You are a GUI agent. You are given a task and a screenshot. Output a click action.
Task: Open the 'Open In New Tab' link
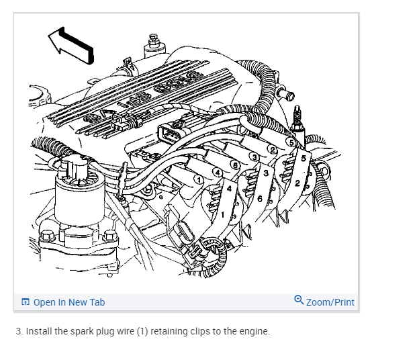[x=68, y=302]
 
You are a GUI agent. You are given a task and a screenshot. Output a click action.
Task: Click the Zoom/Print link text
[x=330, y=302]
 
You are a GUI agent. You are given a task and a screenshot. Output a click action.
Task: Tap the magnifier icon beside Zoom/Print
[x=299, y=301]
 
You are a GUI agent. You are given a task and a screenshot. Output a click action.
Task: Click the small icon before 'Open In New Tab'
[x=26, y=302]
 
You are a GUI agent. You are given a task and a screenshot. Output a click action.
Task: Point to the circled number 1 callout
[x=199, y=179]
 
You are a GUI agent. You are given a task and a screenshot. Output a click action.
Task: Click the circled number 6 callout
[x=235, y=164]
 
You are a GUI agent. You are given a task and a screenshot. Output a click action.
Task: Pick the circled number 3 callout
[x=254, y=156]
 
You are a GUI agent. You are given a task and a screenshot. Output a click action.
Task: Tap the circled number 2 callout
[x=272, y=149]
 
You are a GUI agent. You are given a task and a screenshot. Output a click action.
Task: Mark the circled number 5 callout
[x=291, y=142]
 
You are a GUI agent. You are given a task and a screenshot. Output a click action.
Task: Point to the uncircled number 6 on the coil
[x=259, y=198]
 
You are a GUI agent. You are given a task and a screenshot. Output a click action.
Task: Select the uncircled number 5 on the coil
[x=304, y=158]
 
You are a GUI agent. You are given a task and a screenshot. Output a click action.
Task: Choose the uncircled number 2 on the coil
[x=296, y=183]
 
